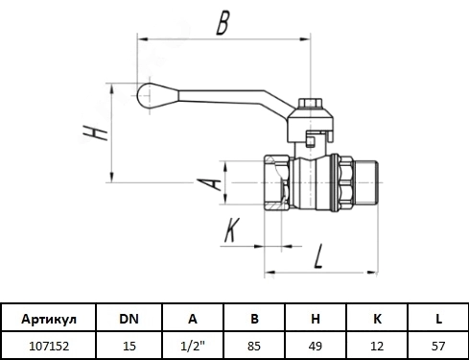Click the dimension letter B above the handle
tap(223, 23)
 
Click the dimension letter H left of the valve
tap(95, 132)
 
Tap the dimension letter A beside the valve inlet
tap(208, 183)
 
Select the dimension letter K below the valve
tap(232, 229)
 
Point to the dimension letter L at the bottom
tap(318, 255)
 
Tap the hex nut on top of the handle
tap(311, 103)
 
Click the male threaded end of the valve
tap(366, 182)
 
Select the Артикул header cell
tap(49, 319)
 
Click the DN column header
tap(129, 319)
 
